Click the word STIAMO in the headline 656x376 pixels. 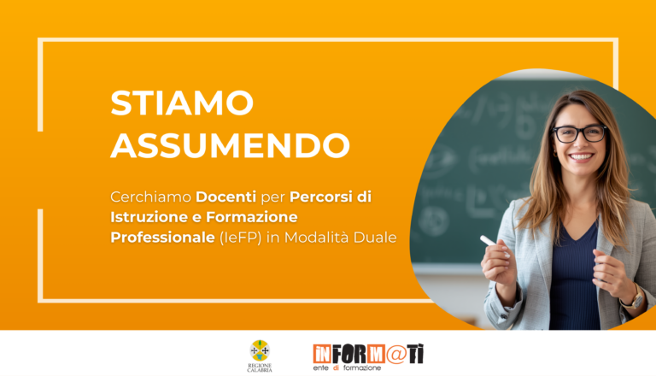coord(182,103)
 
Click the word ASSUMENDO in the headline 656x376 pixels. coord(230,146)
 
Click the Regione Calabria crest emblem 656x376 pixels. coord(259,350)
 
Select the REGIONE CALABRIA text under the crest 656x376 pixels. coord(259,367)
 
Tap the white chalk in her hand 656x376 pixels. coord(489,241)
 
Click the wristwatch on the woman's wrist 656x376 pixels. coord(633,298)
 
